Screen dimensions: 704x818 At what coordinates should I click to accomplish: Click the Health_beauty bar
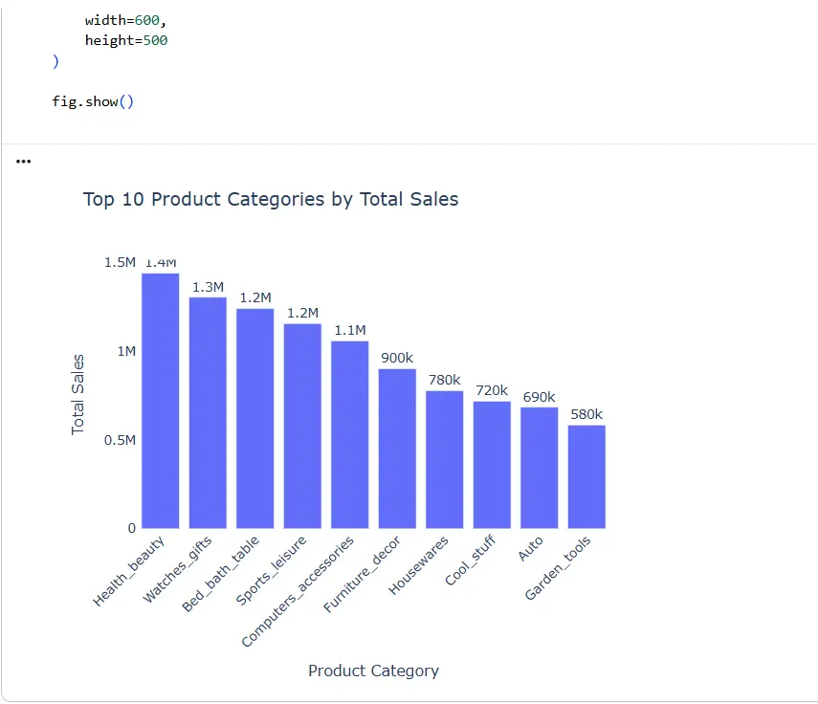click(x=160, y=401)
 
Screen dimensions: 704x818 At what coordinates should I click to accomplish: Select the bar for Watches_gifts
click(x=208, y=412)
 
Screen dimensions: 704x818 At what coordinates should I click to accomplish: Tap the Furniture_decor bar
click(x=397, y=449)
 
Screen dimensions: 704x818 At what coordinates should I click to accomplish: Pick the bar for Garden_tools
click(x=586, y=476)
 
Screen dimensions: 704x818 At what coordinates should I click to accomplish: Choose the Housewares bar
click(x=444, y=459)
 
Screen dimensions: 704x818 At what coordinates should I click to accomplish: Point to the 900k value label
click(x=397, y=358)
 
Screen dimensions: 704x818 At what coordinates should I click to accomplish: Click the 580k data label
click(x=586, y=414)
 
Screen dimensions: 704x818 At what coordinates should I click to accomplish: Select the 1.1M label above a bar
click(x=350, y=330)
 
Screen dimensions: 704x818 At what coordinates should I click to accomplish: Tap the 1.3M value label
click(x=208, y=287)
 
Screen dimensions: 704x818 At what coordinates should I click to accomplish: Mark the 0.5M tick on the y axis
click(x=121, y=440)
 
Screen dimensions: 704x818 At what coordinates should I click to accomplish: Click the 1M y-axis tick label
click(x=125, y=351)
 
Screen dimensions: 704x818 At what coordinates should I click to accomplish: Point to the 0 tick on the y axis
click(x=132, y=528)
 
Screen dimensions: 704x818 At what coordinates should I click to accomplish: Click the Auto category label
click(x=531, y=548)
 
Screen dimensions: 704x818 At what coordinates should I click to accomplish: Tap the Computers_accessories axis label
click(x=298, y=591)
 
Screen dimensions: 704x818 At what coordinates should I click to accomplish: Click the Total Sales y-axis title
click(x=78, y=394)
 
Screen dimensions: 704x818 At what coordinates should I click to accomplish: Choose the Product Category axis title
click(x=373, y=671)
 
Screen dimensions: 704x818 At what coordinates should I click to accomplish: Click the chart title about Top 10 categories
click(x=271, y=199)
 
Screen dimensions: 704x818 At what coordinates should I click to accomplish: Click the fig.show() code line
click(x=93, y=100)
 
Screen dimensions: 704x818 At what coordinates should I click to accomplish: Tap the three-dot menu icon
click(x=24, y=162)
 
